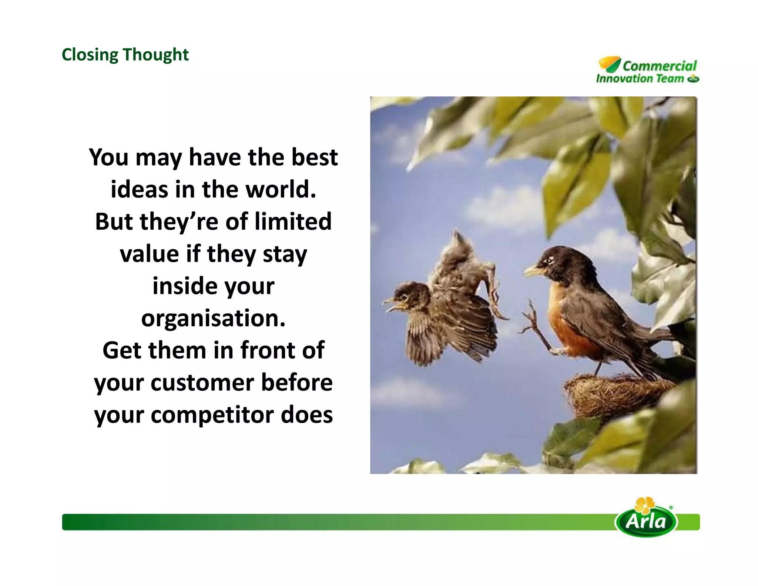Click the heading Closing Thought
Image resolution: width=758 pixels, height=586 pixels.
(x=125, y=55)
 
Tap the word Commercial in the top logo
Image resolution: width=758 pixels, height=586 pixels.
(x=659, y=66)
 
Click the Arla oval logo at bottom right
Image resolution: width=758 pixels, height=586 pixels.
(x=646, y=522)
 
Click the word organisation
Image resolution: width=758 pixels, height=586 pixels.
(x=213, y=318)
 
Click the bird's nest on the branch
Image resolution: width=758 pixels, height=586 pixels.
(x=614, y=394)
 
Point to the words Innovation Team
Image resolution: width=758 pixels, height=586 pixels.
(x=640, y=79)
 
